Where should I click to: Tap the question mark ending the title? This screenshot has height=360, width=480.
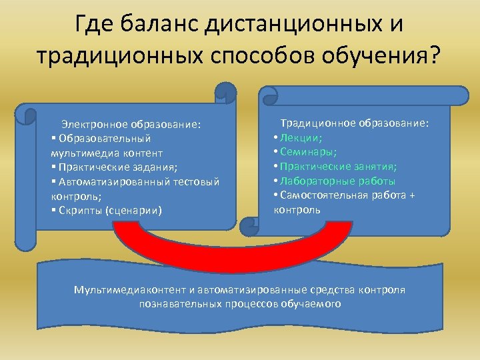434,55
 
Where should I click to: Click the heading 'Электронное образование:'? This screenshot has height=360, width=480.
131,124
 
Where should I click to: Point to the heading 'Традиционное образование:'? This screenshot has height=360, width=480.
355,123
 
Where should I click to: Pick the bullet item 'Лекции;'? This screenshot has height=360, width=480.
301,138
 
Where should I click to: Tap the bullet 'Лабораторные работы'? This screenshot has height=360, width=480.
337,181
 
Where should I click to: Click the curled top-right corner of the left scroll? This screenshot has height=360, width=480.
225,93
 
